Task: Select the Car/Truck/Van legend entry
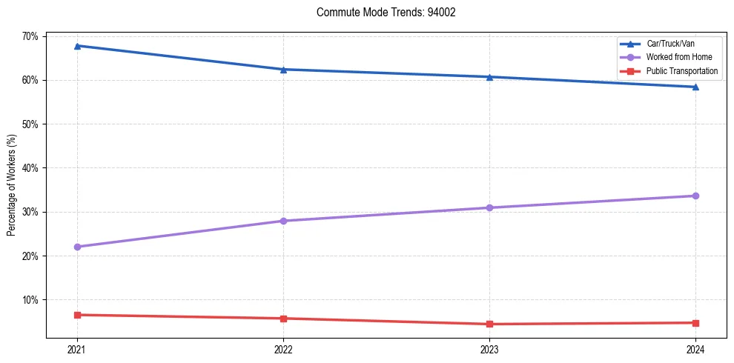[x=670, y=44]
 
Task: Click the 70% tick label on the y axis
[x=31, y=36]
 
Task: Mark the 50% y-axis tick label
[x=31, y=124]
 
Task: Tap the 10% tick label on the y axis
[x=31, y=300]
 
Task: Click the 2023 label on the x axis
[x=489, y=349]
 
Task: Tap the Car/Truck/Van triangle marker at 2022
[x=283, y=70]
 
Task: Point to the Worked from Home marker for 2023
[x=489, y=207]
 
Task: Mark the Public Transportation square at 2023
[x=489, y=324]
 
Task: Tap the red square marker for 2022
[x=283, y=319]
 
